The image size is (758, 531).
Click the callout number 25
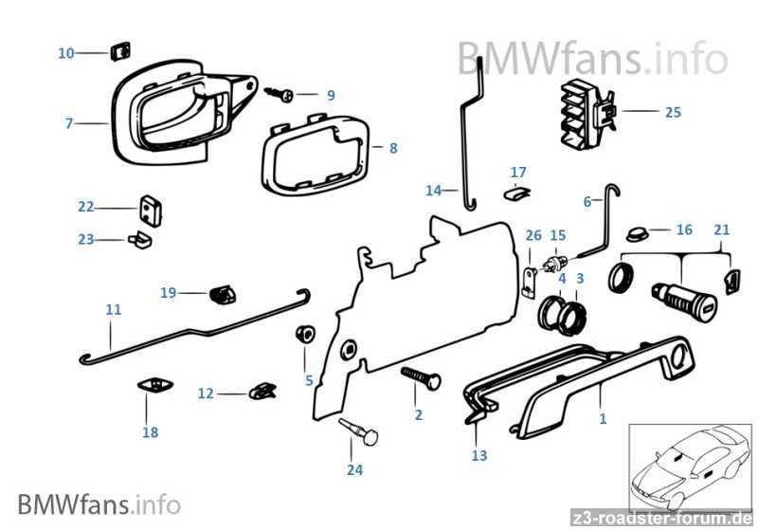tap(673, 112)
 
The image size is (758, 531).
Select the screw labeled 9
tap(280, 94)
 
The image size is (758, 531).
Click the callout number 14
tap(434, 191)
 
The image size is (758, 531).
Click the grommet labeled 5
tap(305, 333)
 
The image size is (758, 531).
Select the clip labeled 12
tap(263, 391)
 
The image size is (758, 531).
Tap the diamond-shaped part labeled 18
tap(154, 385)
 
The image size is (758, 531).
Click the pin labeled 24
tap(358, 430)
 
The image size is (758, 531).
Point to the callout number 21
tap(721, 229)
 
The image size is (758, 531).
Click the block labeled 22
tap(151, 211)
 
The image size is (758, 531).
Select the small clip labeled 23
tap(139, 239)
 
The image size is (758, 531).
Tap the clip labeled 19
tap(223, 294)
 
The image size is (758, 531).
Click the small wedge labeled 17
tap(516, 193)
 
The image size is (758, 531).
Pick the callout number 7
tap(68, 123)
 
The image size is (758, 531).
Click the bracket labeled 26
tap(530, 283)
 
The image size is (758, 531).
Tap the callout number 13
tap(479, 455)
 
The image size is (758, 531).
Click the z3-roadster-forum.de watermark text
tap(661, 518)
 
